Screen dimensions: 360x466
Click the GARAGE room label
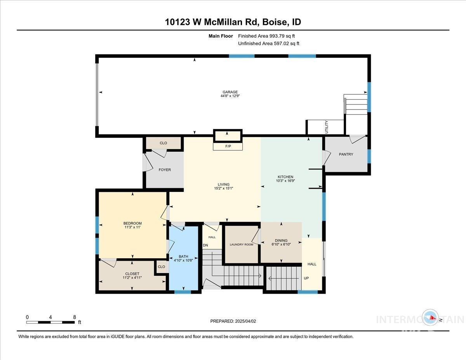click(230, 92)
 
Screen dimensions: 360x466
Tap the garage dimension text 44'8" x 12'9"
click(230, 96)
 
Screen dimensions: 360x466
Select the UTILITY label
click(327, 127)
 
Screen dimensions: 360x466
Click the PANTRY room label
click(346, 154)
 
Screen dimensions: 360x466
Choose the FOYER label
click(165, 170)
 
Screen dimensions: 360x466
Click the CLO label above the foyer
click(163, 143)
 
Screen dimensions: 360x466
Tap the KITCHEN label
click(285, 177)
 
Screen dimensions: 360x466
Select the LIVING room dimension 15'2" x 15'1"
click(223, 188)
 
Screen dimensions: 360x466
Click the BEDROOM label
click(132, 223)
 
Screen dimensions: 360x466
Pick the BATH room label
click(183, 256)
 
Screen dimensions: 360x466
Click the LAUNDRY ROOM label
click(241, 244)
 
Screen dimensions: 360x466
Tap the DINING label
click(281, 240)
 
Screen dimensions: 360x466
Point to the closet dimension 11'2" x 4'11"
click(132, 278)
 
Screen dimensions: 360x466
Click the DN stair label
click(205, 245)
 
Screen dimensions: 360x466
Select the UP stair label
click(306, 278)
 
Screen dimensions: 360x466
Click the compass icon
click(430, 318)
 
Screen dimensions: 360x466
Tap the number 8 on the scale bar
click(75, 317)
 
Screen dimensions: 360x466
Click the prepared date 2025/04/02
click(245, 321)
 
